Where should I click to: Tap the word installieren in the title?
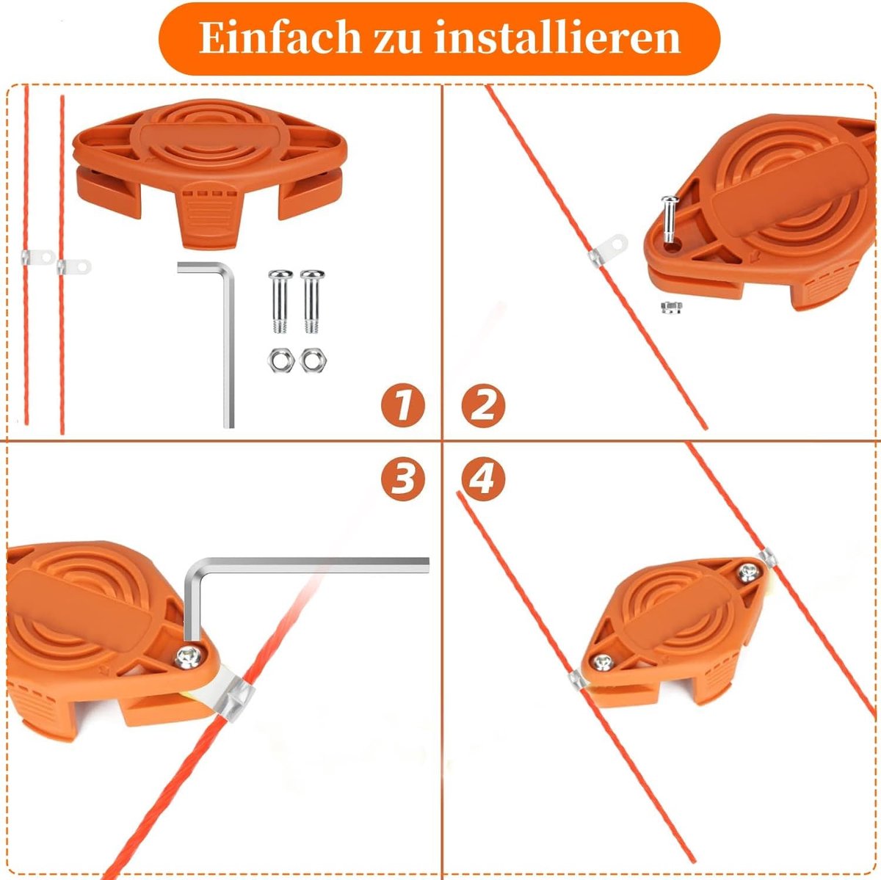point(557,38)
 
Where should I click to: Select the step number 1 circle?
point(403,405)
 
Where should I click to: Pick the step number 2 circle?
point(483,405)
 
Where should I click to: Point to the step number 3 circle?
point(403,479)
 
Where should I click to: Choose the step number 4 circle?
point(483,479)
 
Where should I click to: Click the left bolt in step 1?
point(280,301)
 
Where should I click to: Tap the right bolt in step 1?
point(313,301)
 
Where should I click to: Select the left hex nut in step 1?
point(280,360)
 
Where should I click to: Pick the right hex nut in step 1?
point(313,360)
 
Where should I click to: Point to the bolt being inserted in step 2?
point(669,218)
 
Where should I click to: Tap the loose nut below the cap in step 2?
point(672,307)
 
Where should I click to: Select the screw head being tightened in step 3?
point(189,657)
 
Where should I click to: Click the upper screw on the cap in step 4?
point(749,572)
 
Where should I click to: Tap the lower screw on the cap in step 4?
point(603,662)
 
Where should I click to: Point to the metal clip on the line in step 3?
point(236,698)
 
